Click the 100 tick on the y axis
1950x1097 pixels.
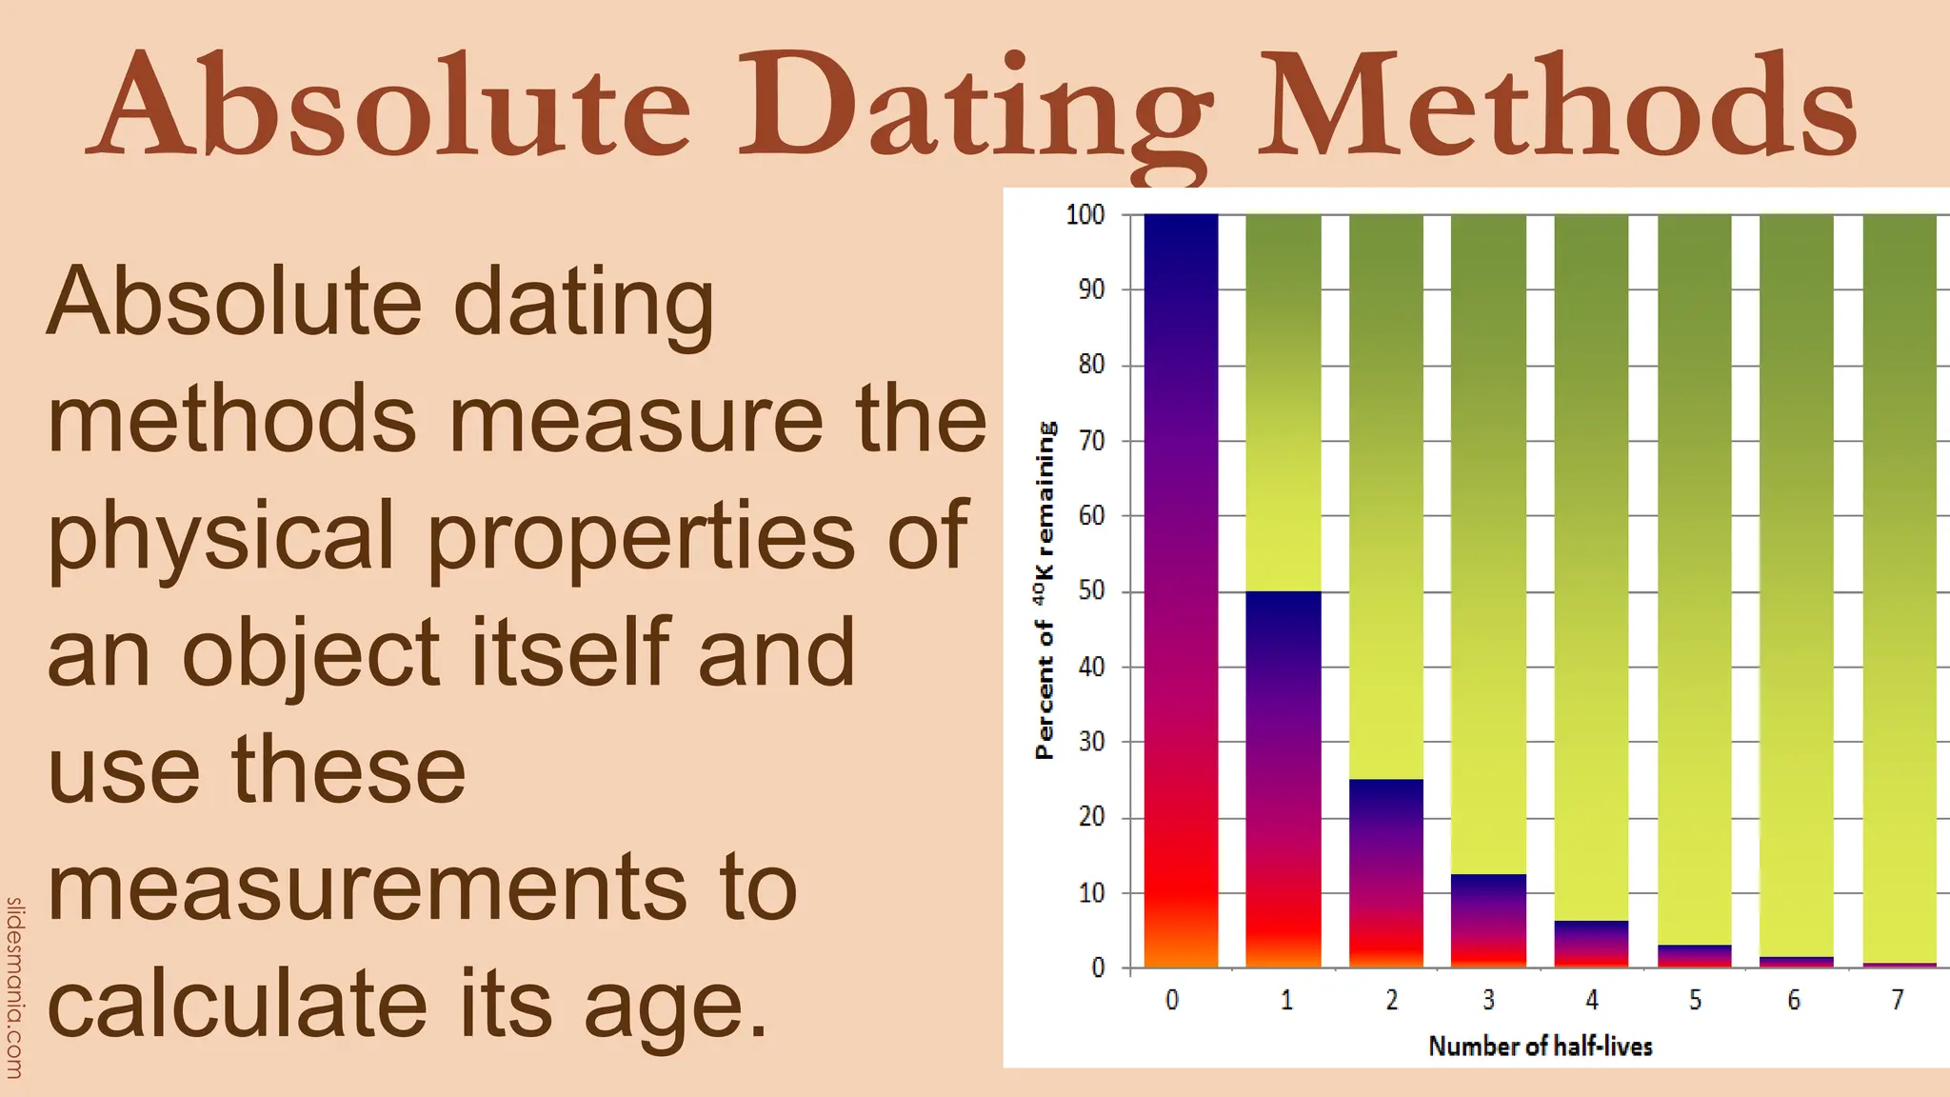click(1084, 215)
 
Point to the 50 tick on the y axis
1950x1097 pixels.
click(1091, 591)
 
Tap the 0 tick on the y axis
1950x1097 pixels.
click(1098, 968)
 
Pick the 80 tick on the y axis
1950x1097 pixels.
click(1091, 365)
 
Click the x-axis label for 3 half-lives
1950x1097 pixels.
click(1488, 1000)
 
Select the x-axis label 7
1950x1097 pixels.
click(1897, 1000)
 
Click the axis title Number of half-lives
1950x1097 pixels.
click(1540, 1047)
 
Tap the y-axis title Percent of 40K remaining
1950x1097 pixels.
click(1045, 590)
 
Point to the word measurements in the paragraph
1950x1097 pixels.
click(367, 887)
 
